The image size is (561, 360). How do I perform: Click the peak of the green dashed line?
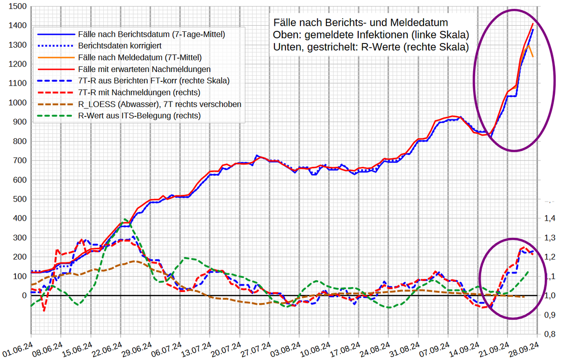(125, 219)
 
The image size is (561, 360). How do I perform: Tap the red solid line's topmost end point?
(533, 23)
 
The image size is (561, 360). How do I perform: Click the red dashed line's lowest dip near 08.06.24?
(44, 310)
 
